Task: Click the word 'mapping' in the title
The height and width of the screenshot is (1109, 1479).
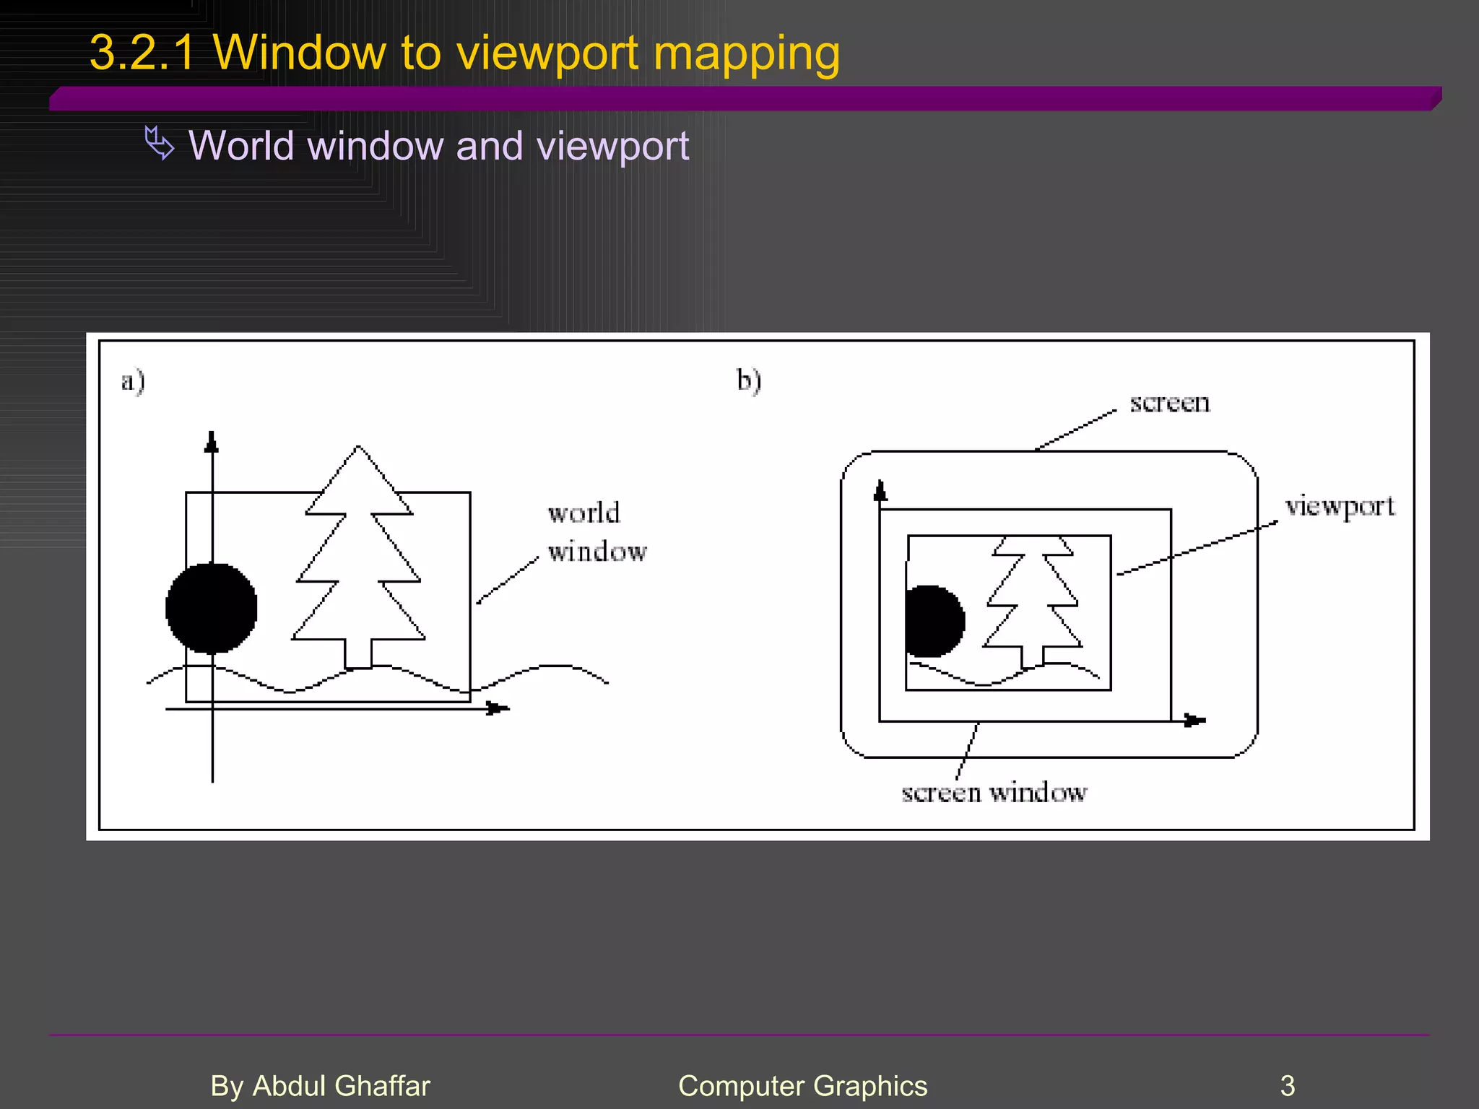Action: click(x=746, y=55)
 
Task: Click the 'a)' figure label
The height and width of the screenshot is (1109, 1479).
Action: click(x=133, y=380)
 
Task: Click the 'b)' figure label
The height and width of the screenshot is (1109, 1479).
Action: click(x=749, y=380)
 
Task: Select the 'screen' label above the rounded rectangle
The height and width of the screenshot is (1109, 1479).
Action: click(x=1169, y=403)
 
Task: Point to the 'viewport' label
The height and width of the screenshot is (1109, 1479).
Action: click(x=1340, y=507)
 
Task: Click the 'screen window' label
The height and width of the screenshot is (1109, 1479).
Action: click(x=994, y=793)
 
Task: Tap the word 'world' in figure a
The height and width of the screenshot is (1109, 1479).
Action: click(x=584, y=513)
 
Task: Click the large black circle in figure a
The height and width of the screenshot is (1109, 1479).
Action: click(x=211, y=608)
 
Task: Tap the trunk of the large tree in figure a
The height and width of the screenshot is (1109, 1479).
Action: click(x=358, y=653)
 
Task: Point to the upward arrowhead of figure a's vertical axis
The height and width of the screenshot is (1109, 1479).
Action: click(x=212, y=441)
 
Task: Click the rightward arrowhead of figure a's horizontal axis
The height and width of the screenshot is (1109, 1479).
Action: click(x=497, y=708)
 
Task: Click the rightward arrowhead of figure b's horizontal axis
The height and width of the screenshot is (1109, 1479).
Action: click(x=1194, y=721)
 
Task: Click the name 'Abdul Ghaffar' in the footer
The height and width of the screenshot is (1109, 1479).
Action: click(x=341, y=1086)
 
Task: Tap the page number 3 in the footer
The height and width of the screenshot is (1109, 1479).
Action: click(x=1287, y=1086)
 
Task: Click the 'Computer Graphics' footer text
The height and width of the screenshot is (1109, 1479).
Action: click(x=802, y=1086)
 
